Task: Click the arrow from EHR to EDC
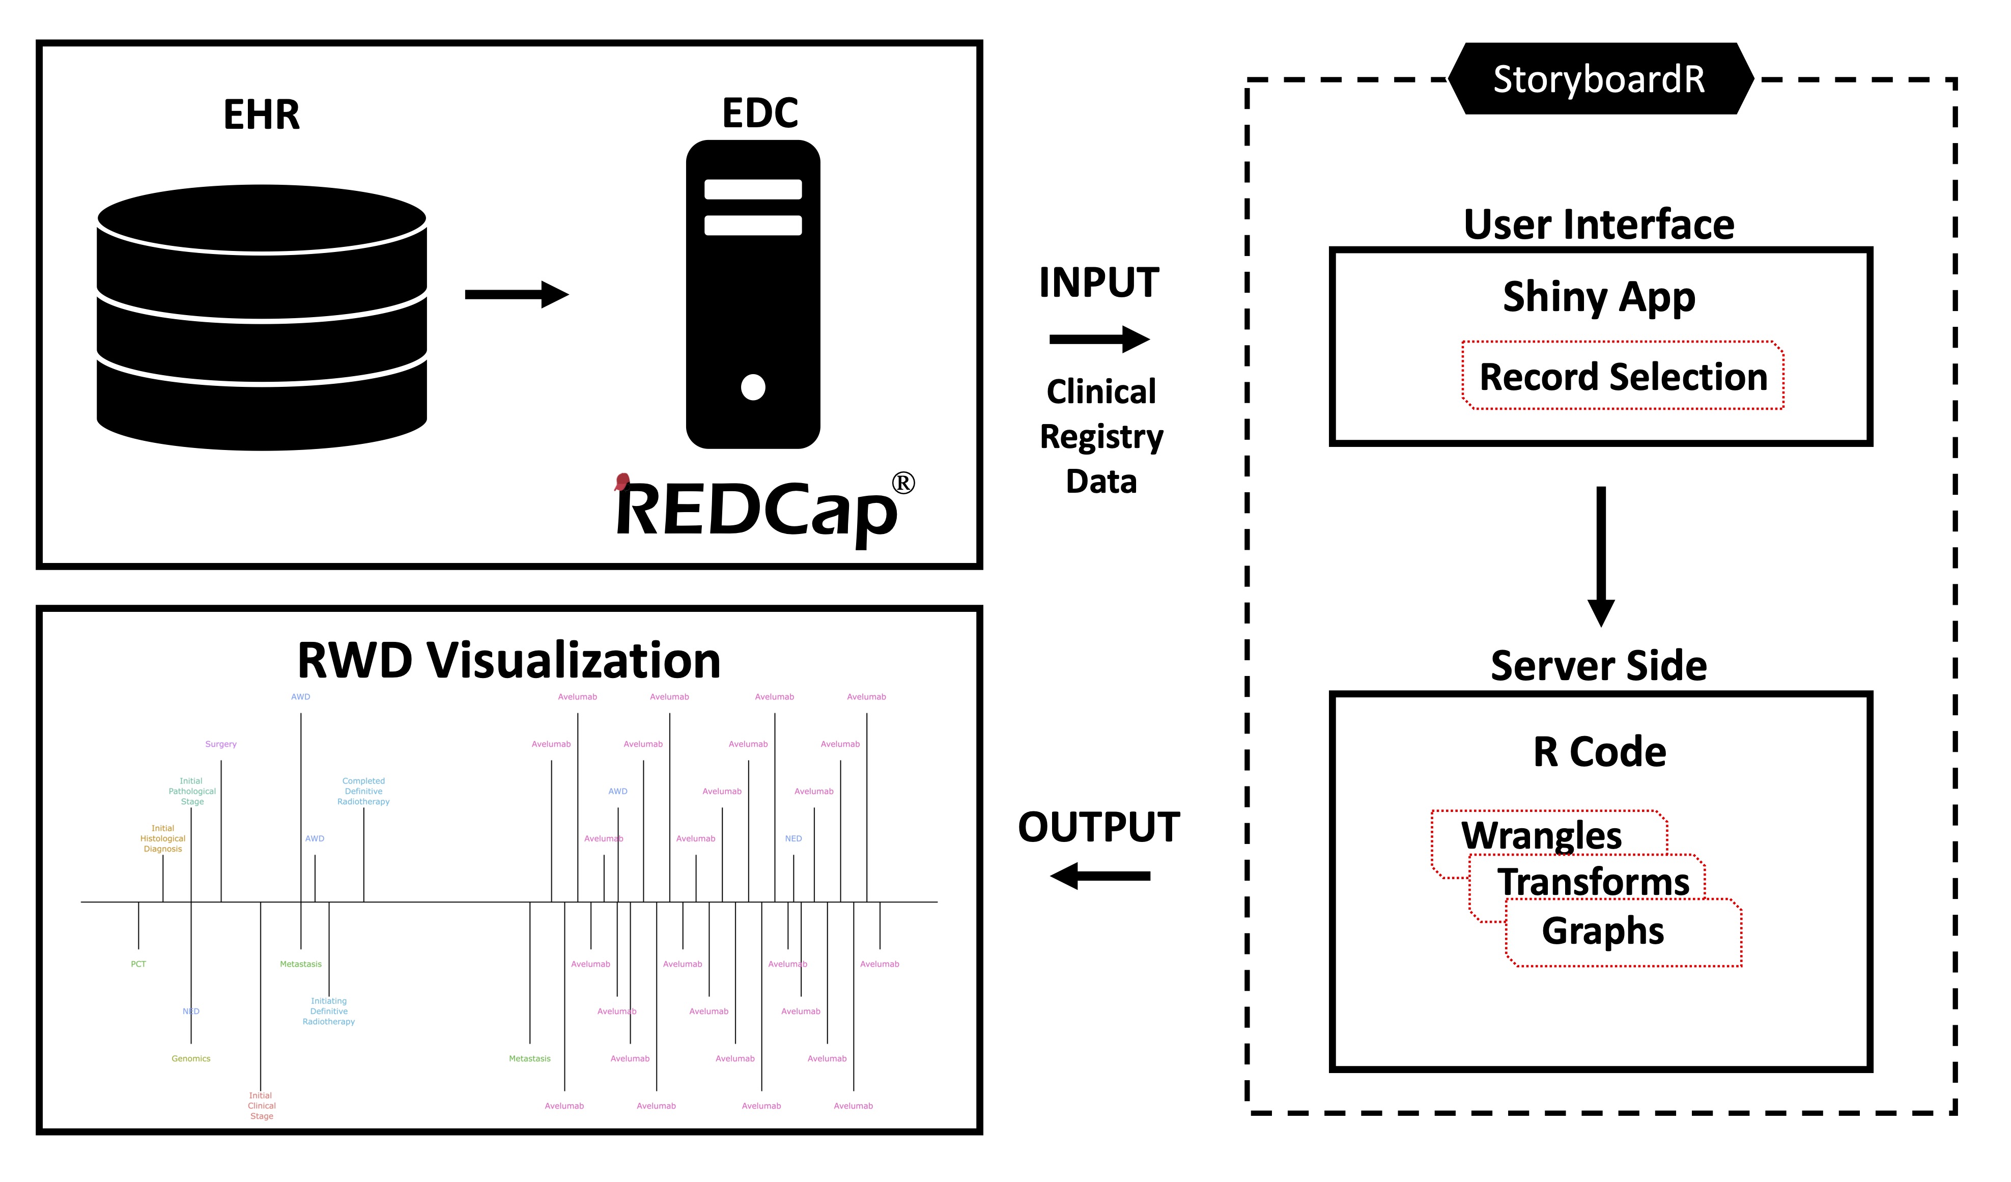coord(516,295)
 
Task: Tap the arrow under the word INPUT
coord(1099,339)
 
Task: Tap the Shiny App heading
coord(1598,297)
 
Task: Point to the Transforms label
coord(1593,882)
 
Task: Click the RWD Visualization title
coord(508,661)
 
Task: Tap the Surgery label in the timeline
coord(221,744)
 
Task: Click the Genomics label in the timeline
coord(191,1058)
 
